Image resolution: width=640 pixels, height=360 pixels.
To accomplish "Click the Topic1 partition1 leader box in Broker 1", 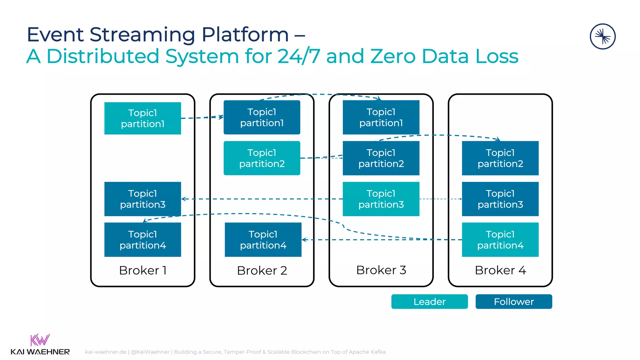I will (142, 118).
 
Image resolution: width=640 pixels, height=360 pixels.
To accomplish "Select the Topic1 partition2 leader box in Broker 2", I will (262, 158).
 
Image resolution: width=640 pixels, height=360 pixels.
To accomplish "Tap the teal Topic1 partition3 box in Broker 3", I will (381, 199).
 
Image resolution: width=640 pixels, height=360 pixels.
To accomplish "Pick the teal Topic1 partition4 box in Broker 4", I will (500, 240).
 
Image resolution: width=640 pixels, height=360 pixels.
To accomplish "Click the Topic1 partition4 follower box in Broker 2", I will (263, 240).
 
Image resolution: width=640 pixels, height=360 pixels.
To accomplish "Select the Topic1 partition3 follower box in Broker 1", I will (142, 199).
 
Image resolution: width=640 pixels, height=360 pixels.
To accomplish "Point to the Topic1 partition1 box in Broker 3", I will (381, 117).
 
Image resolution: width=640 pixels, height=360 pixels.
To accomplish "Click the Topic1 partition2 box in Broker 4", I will (500, 158).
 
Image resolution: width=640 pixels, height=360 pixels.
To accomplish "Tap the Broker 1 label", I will (142, 270).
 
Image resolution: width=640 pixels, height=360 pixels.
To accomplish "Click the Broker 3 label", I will (381, 270).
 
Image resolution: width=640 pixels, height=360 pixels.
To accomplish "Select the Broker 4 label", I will (500, 270).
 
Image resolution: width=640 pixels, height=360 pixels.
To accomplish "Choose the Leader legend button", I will (429, 302).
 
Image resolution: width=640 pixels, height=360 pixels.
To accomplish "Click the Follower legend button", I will (514, 302).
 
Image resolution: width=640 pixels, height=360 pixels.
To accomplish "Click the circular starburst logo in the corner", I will (602, 37).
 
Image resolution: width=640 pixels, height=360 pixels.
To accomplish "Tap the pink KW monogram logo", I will (40, 340).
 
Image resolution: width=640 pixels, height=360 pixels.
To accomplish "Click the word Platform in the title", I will (245, 34).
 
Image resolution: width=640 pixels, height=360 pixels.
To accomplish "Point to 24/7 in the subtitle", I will (298, 56).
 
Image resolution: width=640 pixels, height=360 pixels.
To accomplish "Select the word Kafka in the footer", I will (378, 352).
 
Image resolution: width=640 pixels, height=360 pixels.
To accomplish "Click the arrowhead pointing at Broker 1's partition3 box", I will (184, 199).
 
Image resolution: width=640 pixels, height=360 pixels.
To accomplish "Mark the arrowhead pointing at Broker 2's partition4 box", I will (304, 240).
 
